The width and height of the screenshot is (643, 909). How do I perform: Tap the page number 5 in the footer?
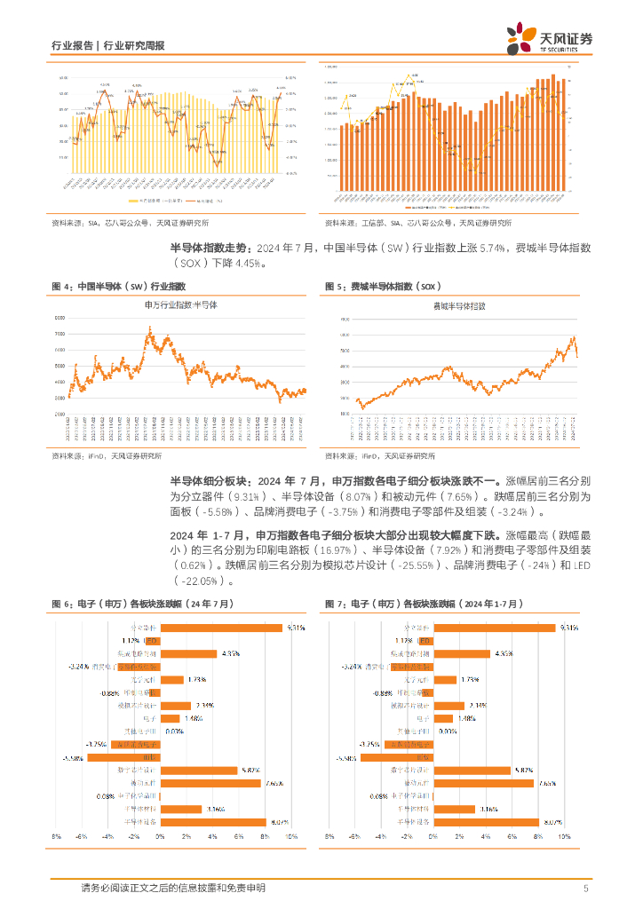tap(586, 889)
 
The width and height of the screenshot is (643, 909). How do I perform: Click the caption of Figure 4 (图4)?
tap(120, 286)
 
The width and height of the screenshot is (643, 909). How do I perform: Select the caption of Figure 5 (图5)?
tap(381, 286)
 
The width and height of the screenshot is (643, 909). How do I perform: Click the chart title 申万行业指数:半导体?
tap(180, 304)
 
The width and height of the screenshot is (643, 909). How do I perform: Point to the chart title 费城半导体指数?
tap(459, 304)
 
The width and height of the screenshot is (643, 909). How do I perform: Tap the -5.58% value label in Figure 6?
tap(74, 732)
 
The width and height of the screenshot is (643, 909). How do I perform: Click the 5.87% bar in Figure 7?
tap(473, 770)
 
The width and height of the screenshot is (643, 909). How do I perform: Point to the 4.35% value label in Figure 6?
tap(231, 653)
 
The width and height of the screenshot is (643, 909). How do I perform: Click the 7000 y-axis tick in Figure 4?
tap(60, 334)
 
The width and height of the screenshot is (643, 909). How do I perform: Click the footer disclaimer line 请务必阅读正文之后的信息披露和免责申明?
tap(172, 889)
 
